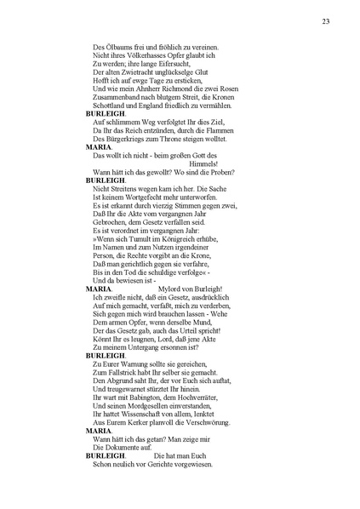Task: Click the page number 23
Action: pos(326,21)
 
